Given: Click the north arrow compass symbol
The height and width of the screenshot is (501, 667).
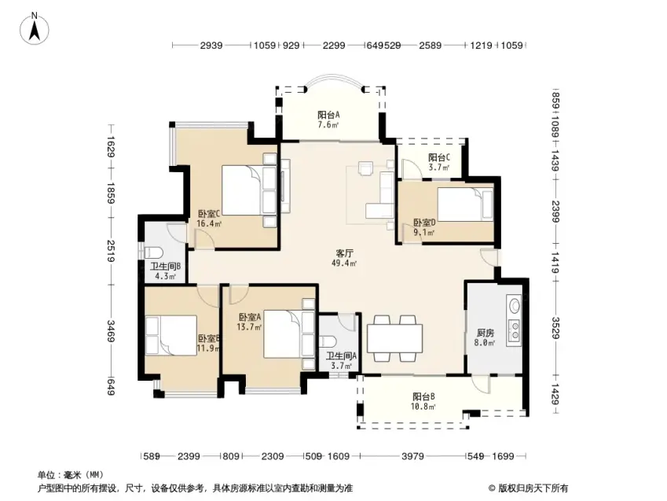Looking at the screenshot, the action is tap(35, 29).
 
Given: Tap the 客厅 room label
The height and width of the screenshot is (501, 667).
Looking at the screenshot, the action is tap(344, 253).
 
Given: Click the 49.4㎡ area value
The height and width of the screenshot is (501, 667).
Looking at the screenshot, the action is tap(344, 263).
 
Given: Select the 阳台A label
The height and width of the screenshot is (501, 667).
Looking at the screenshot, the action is tap(328, 115).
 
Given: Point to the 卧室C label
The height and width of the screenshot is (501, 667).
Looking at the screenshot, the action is tap(208, 213).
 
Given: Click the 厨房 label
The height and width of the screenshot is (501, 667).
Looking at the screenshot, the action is tap(485, 333).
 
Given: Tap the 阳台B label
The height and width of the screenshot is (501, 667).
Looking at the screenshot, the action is tap(423, 396).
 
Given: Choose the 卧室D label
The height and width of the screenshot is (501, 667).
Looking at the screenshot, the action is tap(424, 223).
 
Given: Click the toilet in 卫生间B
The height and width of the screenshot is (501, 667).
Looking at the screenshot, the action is tap(153, 252).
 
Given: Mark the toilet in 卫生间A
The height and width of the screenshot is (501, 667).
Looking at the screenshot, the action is tap(328, 341).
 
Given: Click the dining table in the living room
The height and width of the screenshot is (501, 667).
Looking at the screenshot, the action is tap(394, 338).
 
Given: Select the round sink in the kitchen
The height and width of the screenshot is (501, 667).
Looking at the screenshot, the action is tap(515, 305).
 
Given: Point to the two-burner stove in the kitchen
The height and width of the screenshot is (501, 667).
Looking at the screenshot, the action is tap(515, 330).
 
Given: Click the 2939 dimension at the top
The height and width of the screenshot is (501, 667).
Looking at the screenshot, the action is tap(211, 45).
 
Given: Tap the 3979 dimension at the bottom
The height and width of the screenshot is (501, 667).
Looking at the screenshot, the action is tap(412, 456).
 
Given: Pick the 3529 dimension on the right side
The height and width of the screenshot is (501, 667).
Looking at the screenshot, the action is tap(555, 328).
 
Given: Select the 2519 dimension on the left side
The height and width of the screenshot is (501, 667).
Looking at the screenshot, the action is tap(111, 251).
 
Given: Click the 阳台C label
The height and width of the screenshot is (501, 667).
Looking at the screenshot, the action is tap(439, 157).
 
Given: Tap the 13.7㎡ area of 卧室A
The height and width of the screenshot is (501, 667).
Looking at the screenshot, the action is tap(249, 327).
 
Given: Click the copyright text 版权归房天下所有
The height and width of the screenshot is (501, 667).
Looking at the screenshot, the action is tap(533, 488).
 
